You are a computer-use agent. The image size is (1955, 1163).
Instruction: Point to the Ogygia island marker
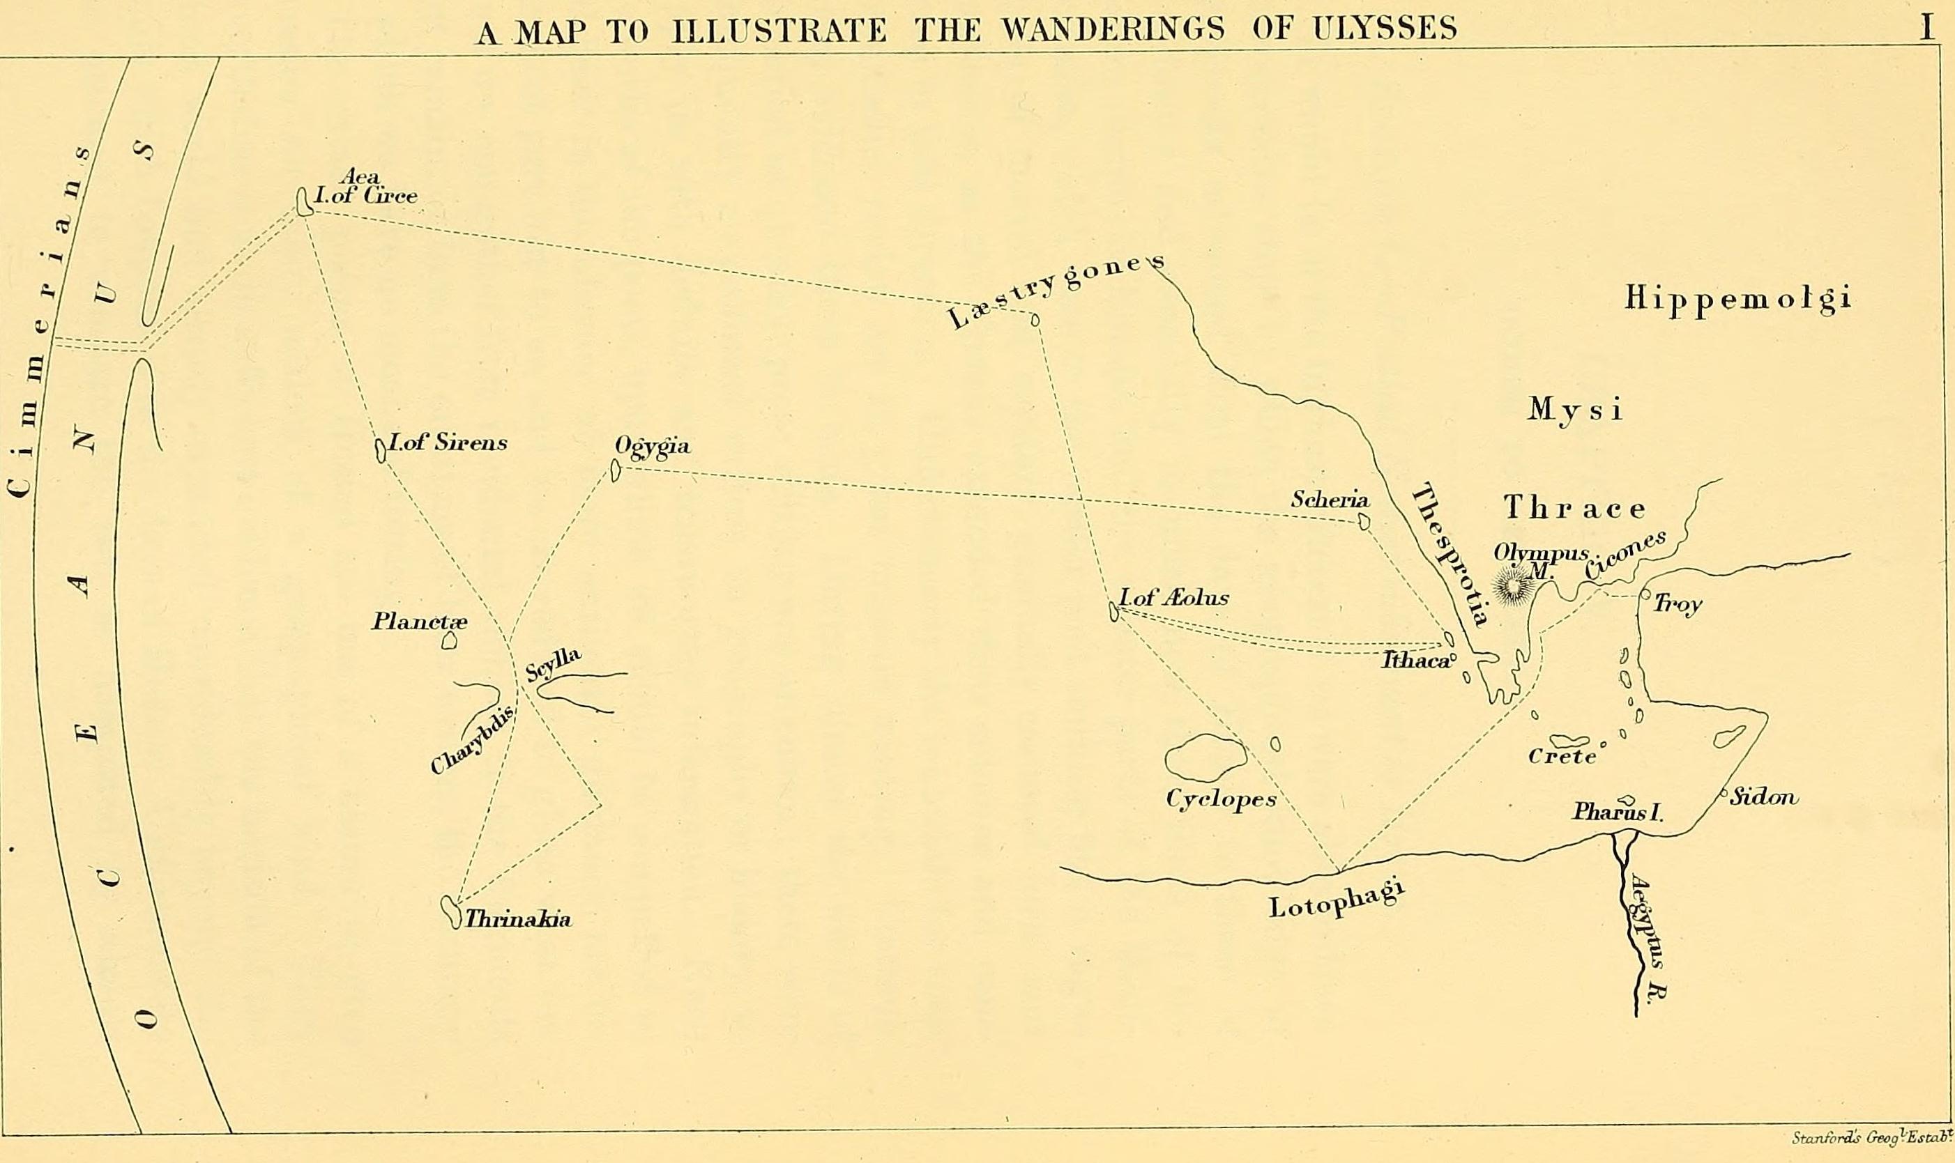(x=616, y=470)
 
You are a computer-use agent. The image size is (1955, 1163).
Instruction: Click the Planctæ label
(x=418, y=622)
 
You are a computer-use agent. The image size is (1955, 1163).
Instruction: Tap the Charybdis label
(x=473, y=739)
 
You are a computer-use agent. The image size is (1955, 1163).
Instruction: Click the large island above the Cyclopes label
(x=1205, y=758)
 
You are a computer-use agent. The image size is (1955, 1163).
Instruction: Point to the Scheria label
(x=1330, y=499)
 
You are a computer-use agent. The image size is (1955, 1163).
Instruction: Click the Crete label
(x=1562, y=756)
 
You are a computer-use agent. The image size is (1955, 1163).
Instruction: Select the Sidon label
(x=1764, y=797)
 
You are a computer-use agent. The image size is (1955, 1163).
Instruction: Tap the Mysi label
(x=1575, y=409)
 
